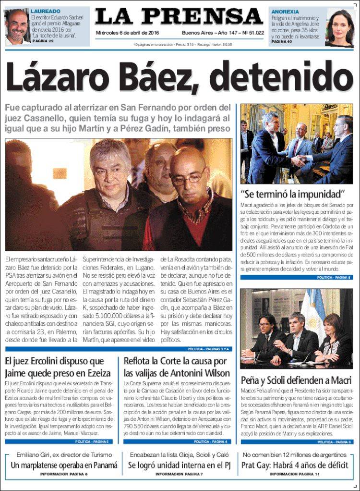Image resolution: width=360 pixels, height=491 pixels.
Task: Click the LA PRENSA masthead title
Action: click(x=179, y=17)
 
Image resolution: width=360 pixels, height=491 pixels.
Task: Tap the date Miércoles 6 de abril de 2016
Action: click(x=127, y=33)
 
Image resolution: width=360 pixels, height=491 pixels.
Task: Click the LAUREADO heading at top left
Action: click(x=45, y=11)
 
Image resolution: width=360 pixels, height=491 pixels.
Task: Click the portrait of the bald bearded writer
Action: click(x=17, y=26)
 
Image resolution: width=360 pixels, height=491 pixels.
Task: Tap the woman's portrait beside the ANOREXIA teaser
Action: click(x=340, y=27)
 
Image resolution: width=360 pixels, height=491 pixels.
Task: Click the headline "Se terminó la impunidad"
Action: click(x=293, y=195)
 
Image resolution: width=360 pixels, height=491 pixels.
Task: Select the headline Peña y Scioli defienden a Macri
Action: click(x=296, y=380)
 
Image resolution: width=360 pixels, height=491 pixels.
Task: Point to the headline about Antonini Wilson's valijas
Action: click(x=175, y=367)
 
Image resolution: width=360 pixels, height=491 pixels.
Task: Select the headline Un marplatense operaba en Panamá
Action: click(x=64, y=465)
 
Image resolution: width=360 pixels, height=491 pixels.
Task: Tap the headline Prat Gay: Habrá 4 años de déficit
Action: click(x=295, y=465)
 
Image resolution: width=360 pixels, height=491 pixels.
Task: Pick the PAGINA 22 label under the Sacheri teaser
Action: click(x=43, y=41)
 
